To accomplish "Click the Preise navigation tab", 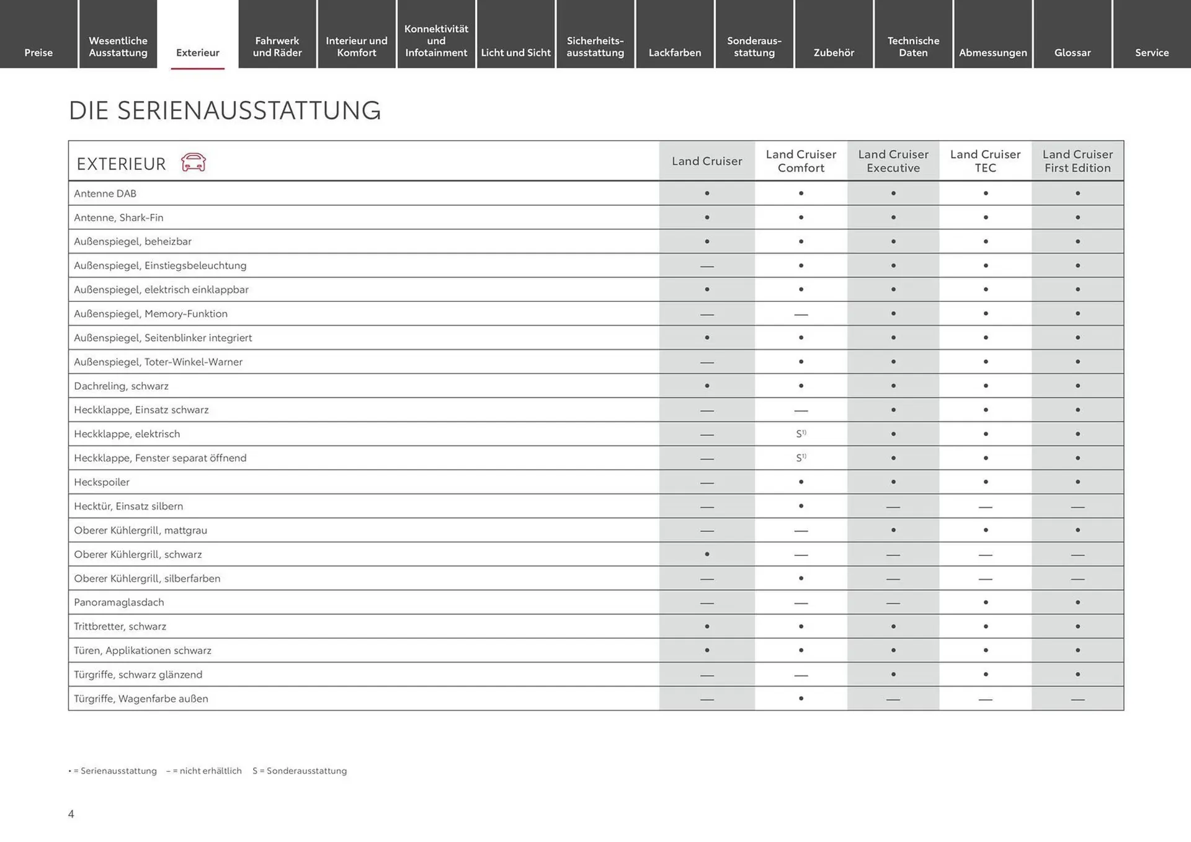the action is tap(38, 53).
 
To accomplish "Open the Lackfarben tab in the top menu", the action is tap(675, 53).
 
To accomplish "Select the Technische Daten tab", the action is tap(913, 47).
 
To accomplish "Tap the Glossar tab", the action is tap(1073, 53).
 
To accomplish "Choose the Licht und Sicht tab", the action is tap(515, 53).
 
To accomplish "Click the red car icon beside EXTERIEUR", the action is tap(194, 162).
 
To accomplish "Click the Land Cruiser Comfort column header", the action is tap(801, 161).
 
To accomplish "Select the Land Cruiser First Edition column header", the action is tap(1077, 161).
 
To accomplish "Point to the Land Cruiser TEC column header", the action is tap(985, 161).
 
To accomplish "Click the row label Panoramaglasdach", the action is tap(119, 602).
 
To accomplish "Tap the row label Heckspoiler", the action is tap(102, 482).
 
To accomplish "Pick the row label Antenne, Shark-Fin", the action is tap(118, 218).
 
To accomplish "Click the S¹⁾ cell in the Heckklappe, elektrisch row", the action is tap(801, 434).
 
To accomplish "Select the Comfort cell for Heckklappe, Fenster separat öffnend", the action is tap(801, 458).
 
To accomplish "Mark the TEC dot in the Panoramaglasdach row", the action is tap(986, 602).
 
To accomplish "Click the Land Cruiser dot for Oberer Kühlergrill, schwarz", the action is tap(707, 554).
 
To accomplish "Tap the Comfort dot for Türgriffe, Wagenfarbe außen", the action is tap(801, 698).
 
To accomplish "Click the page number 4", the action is tap(71, 814).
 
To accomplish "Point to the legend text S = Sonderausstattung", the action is tap(300, 771).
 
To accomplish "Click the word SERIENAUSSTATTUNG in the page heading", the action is tap(249, 110).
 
